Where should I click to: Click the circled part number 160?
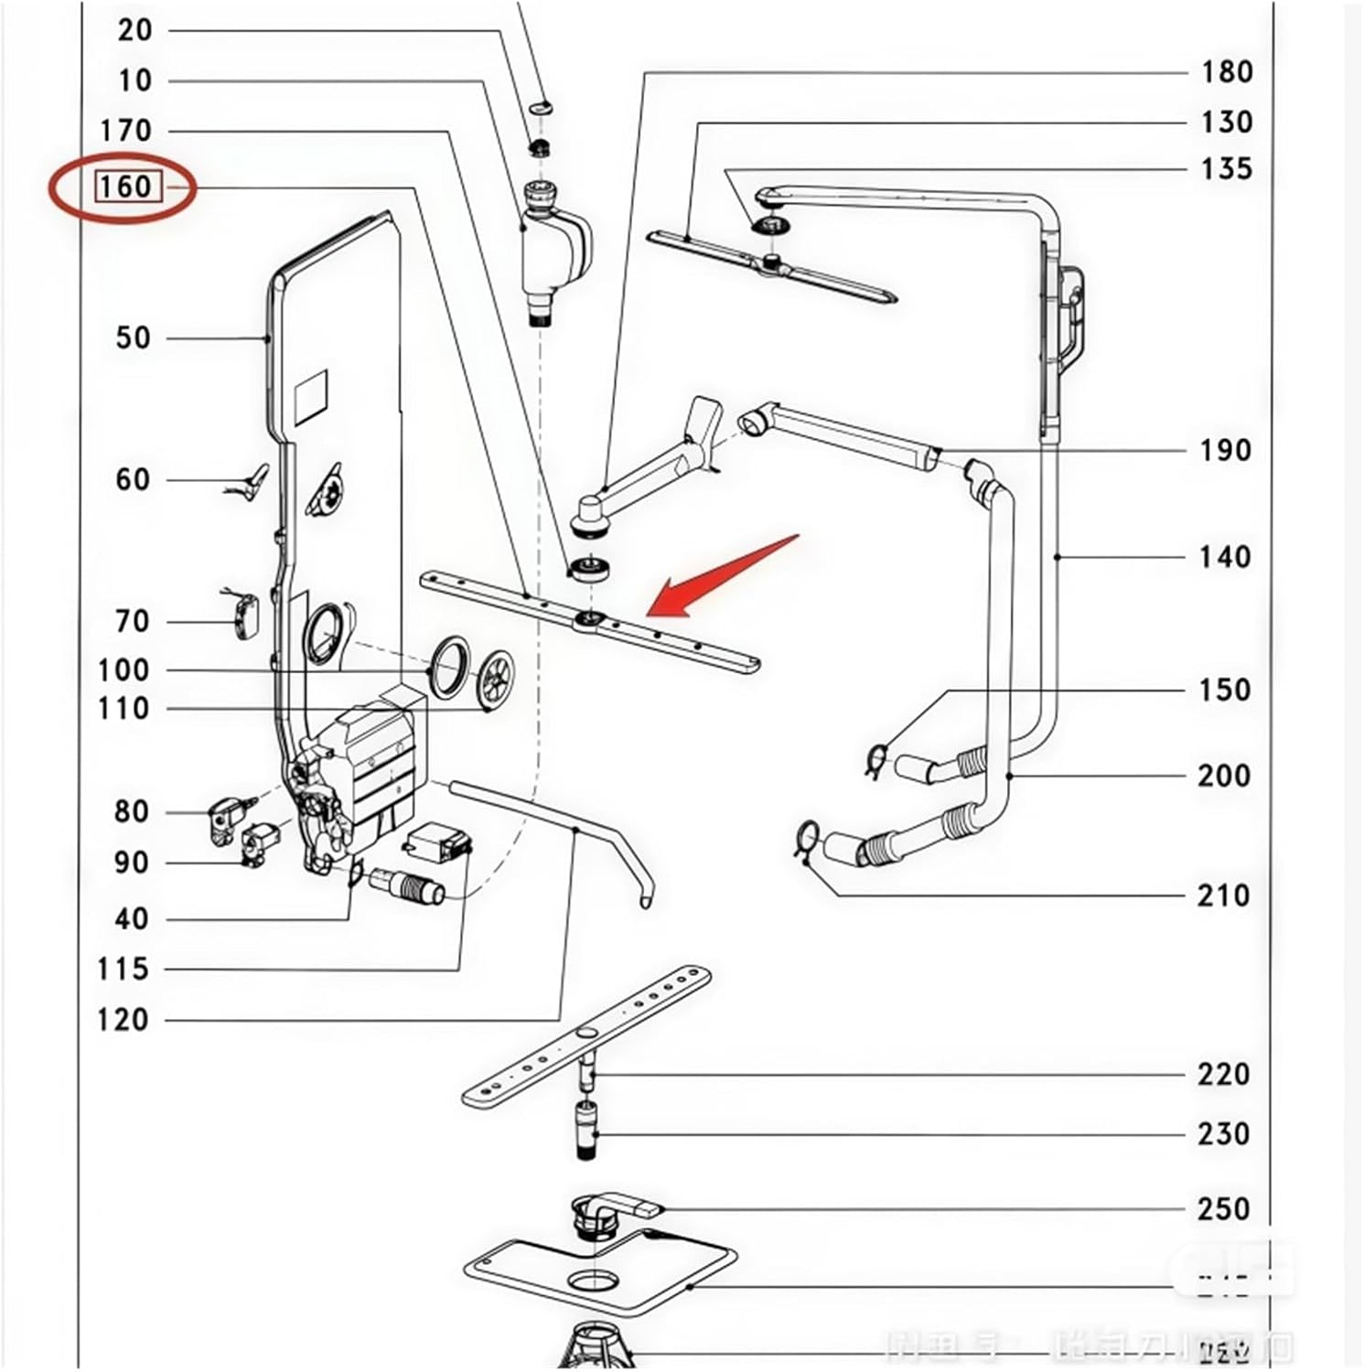(x=125, y=187)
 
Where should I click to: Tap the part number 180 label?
(x=1226, y=72)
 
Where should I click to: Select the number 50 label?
(x=133, y=338)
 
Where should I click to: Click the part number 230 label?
(x=1223, y=1134)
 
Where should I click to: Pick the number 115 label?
(x=123, y=969)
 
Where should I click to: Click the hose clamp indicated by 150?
(x=875, y=758)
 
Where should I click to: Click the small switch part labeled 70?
(x=243, y=615)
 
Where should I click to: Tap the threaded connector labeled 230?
(x=586, y=1130)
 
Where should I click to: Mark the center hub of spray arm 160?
(x=586, y=622)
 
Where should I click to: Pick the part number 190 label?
(x=1225, y=450)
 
